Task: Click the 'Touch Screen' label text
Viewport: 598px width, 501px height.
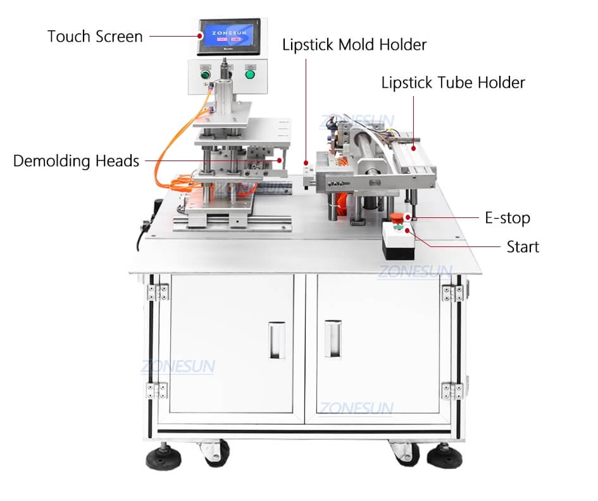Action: pos(95,36)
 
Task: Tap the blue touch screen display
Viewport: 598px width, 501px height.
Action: pos(228,39)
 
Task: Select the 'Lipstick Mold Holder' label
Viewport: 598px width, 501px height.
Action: pos(354,45)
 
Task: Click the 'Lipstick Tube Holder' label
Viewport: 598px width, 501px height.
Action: pos(453,83)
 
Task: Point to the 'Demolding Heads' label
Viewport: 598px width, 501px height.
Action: pos(76,161)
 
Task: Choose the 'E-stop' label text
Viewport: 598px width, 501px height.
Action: pos(508,218)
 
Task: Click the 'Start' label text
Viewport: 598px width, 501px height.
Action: pos(523,246)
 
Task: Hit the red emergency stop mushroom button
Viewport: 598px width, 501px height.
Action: pos(397,219)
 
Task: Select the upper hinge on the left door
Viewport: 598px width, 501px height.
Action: pos(157,291)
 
